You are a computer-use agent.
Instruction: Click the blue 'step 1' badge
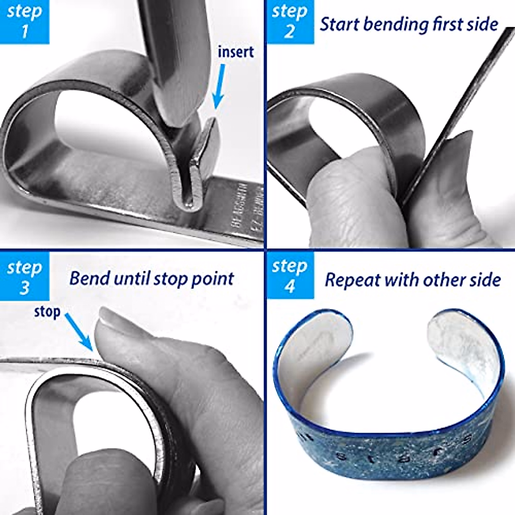click(x=24, y=21)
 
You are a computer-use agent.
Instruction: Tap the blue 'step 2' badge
click(x=290, y=21)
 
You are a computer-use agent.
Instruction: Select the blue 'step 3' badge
click(x=24, y=277)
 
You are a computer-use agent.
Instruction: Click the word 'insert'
click(x=236, y=52)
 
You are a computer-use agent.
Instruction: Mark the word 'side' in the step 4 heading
click(x=485, y=280)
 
